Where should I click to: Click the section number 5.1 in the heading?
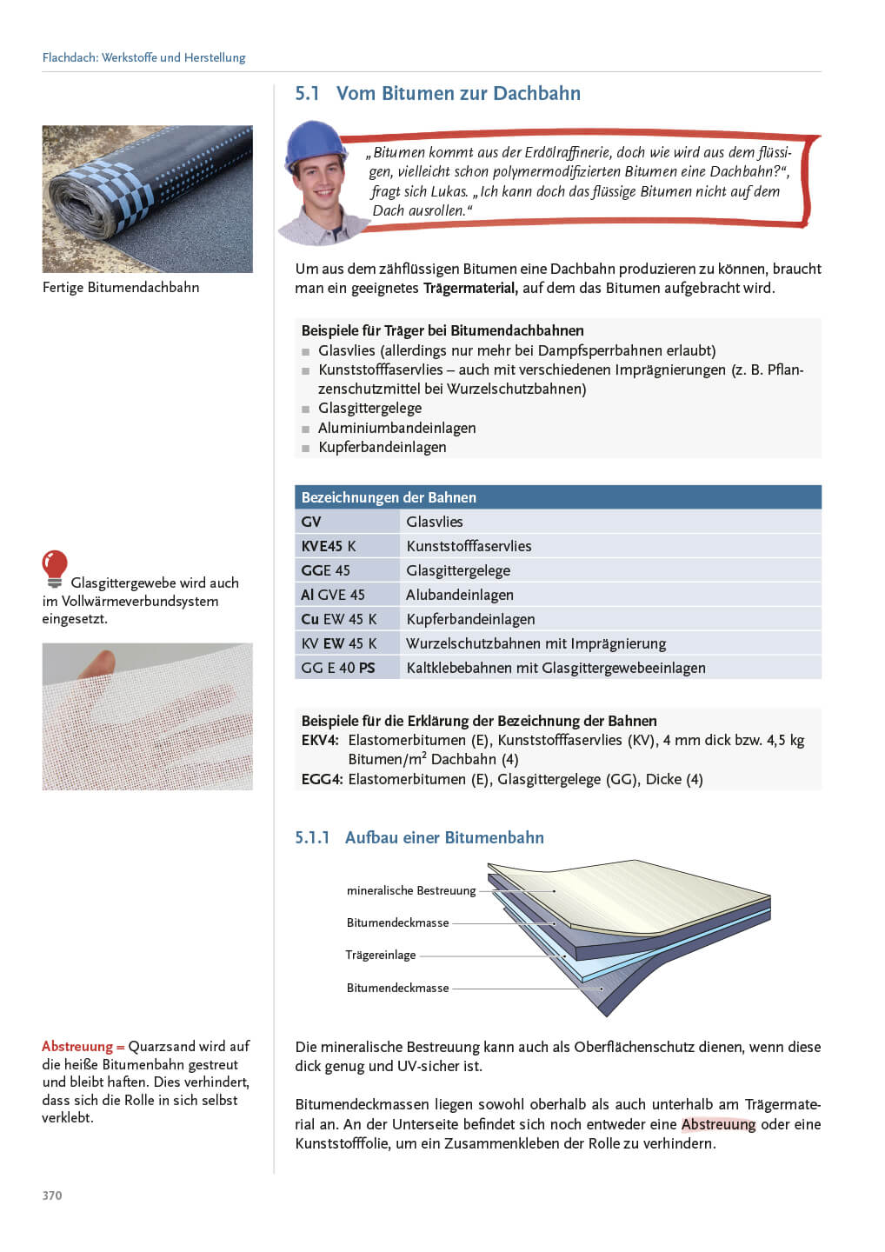[x=307, y=94]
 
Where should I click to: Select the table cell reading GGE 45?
[x=326, y=570]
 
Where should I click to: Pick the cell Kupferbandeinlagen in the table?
[x=470, y=619]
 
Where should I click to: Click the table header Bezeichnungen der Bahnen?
[x=389, y=497]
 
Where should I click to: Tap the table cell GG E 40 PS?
[x=338, y=668]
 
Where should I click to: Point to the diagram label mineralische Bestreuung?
[x=411, y=890]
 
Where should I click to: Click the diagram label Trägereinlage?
[x=381, y=955]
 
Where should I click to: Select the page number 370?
[x=52, y=1195]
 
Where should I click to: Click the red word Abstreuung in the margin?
[x=77, y=1046]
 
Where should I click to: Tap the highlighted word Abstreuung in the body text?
[x=718, y=1124]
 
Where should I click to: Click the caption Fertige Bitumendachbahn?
[x=121, y=287]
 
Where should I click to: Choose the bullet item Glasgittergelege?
[x=369, y=408]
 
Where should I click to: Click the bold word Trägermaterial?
[x=470, y=288]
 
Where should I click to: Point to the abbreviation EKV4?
[x=320, y=740]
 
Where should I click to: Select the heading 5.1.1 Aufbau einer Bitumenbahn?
[x=419, y=837]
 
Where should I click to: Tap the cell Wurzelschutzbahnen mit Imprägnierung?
[x=536, y=643]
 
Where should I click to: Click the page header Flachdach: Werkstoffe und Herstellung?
[x=144, y=57]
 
